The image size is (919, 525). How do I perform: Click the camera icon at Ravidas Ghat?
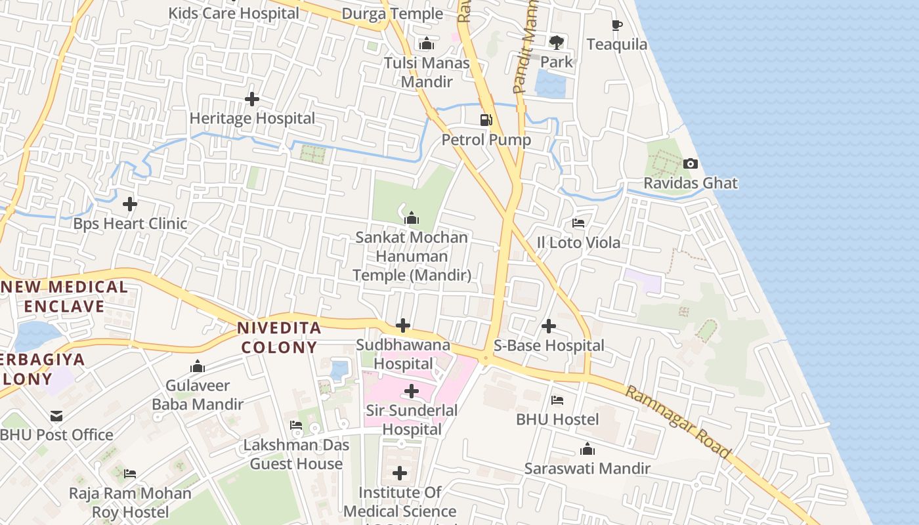point(690,164)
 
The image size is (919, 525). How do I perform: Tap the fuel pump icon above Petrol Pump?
point(486,120)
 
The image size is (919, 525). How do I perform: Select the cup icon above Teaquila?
point(616,26)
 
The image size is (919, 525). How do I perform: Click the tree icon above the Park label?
point(557,43)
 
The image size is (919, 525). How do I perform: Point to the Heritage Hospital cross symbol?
point(251,99)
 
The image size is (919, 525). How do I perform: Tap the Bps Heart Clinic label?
point(130,224)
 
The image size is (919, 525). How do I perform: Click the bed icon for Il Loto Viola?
point(578,224)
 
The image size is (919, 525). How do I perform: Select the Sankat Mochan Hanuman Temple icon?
point(412,218)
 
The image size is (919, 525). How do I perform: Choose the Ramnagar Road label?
point(677,422)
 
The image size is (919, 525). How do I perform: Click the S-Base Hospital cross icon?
point(549,326)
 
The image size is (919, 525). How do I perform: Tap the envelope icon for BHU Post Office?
point(56,416)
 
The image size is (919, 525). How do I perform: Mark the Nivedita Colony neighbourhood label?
point(279,337)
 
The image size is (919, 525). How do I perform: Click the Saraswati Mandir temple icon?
point(587,450)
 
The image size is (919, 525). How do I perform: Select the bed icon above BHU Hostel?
point(557,400)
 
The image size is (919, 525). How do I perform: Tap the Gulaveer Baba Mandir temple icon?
point(197,367)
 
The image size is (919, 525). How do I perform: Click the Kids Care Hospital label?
point(234,13)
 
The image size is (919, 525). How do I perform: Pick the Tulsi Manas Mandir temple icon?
point(427,44)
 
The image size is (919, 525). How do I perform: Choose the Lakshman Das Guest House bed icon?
point(296,426)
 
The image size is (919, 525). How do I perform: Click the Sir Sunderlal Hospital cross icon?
point(412,392)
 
